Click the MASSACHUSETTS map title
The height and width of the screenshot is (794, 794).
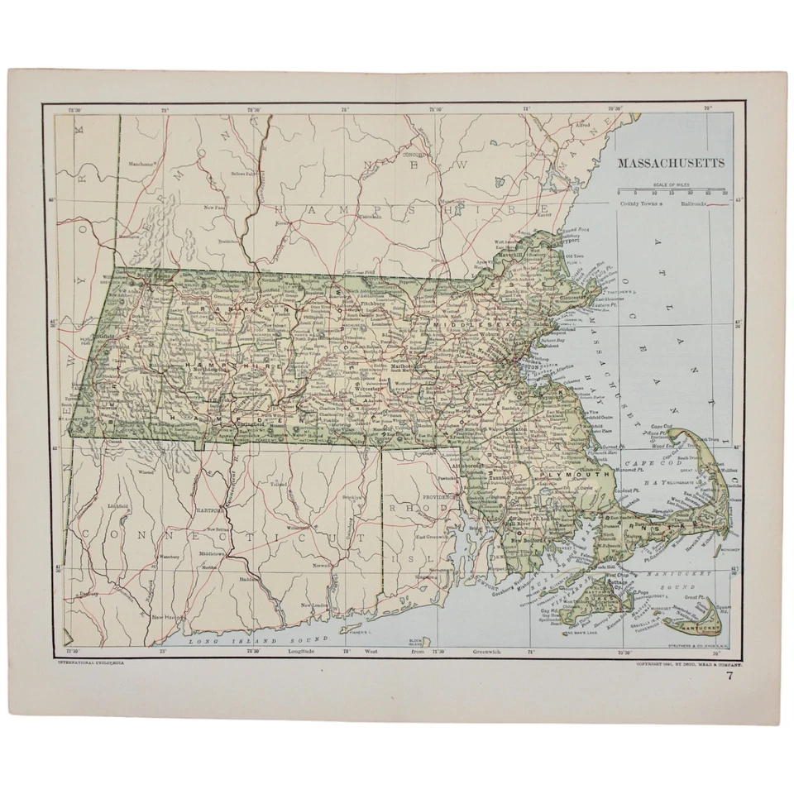(671, 163)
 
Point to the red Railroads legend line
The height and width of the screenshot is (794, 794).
(716, 203)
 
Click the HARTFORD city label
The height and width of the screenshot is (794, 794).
(206, 509)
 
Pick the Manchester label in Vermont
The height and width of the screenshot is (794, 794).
(142, 164)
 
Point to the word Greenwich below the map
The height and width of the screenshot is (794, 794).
(469, 653)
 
